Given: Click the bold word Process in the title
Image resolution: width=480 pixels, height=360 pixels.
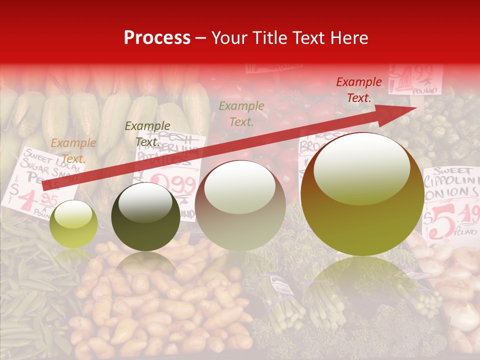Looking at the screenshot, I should pyautogui.click(x=157, y=38).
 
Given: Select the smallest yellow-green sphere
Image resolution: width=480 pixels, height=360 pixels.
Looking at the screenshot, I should pyautogui.click(x=74, y=223).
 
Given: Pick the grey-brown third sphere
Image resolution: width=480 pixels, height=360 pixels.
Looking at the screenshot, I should pyautogui.click(x=240, y=205).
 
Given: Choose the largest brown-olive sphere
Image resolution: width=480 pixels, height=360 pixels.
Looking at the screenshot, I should pyautogui.click(x=362, y=194).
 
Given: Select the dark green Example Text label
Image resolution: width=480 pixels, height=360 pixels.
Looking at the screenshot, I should pyautogui.click(x=147, y=134).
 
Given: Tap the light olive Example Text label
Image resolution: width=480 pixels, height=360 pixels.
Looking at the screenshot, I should pyautogui.click(x=241, y=113).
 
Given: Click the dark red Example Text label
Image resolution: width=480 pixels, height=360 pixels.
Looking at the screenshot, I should pyautogui.click(x=359, y=90).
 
